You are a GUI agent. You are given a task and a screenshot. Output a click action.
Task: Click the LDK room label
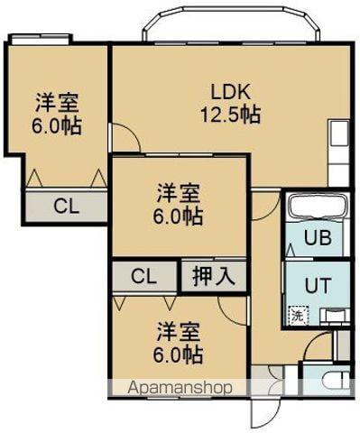pos(230,92)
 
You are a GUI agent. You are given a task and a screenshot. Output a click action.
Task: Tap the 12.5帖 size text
pos(230,115)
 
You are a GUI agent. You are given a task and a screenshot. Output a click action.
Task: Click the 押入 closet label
pos(214,276)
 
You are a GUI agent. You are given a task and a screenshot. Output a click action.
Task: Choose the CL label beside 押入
pos(143,276)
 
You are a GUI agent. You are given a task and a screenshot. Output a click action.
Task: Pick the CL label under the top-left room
pos(65,206)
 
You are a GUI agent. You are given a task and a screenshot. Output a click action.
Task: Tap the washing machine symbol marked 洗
pos(296,316)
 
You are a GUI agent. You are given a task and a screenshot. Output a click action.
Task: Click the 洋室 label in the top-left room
pos(56,101)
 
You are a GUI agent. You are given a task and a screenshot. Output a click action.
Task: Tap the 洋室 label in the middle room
pos(179,192)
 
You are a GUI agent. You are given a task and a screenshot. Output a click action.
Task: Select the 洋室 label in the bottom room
pos(178,330)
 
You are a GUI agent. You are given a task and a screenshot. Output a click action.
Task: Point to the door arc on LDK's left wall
pos(125,138)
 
